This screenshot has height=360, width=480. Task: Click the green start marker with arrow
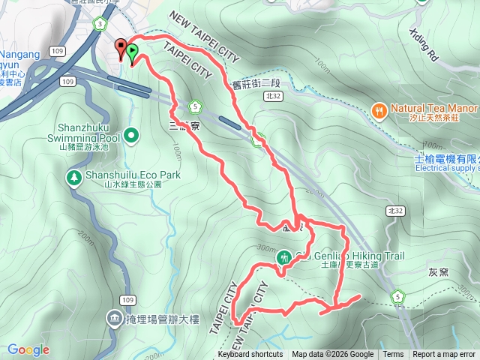tap(132, 53)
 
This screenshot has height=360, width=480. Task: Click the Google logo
tap(28, 349)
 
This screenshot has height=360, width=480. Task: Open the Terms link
tap(393, 355)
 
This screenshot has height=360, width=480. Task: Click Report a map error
tap(444, 355)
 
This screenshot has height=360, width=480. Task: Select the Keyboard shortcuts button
tap(250, 355)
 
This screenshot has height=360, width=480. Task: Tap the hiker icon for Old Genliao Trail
tap(284, 257)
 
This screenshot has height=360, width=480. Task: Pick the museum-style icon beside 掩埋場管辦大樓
tap(113, 319)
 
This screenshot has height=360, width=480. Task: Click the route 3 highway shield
tap(99, 25)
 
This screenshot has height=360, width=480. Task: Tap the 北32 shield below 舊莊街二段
tap(271, 97)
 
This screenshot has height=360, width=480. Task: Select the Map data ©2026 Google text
tap(333, 355)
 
